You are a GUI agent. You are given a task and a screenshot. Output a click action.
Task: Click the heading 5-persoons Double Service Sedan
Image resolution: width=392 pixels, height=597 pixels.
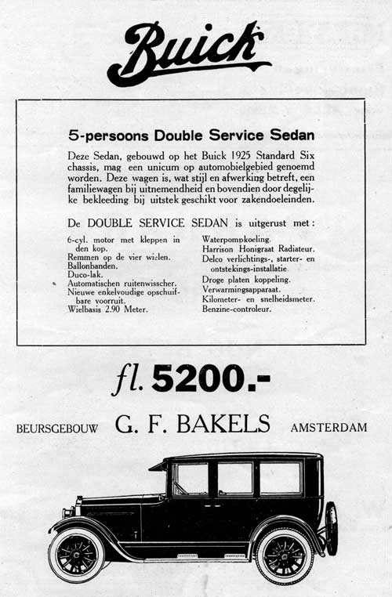click(x=191, y=134)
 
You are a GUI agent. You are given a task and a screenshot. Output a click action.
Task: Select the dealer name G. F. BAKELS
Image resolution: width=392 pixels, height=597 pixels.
click(x=193, y=425)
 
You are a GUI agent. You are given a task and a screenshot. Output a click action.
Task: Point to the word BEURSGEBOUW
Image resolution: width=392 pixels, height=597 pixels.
click(x=55, y=429)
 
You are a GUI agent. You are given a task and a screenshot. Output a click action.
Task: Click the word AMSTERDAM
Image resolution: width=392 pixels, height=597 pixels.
click(x=328, y=428)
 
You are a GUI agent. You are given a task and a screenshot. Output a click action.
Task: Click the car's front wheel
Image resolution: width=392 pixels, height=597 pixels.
click(x=76, y=555)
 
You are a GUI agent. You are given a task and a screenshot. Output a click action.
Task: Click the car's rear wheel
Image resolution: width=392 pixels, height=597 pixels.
click(x=284, y=555)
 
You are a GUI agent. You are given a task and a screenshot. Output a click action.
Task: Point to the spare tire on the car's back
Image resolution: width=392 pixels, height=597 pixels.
click(x=331, y=528)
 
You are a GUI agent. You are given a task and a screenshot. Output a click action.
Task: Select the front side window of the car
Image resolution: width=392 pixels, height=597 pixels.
click(x=190, y=478)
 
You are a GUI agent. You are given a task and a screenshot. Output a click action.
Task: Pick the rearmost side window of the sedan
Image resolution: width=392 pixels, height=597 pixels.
click(x=280, y=477)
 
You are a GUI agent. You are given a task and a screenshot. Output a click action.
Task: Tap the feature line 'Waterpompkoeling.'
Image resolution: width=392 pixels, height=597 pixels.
click(x=236, y=239)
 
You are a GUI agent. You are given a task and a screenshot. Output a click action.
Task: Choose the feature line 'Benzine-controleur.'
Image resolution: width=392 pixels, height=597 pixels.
click(x=236, y=309)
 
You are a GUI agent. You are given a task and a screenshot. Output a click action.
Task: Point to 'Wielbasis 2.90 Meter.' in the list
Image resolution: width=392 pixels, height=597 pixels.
click(x=108, y=309)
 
